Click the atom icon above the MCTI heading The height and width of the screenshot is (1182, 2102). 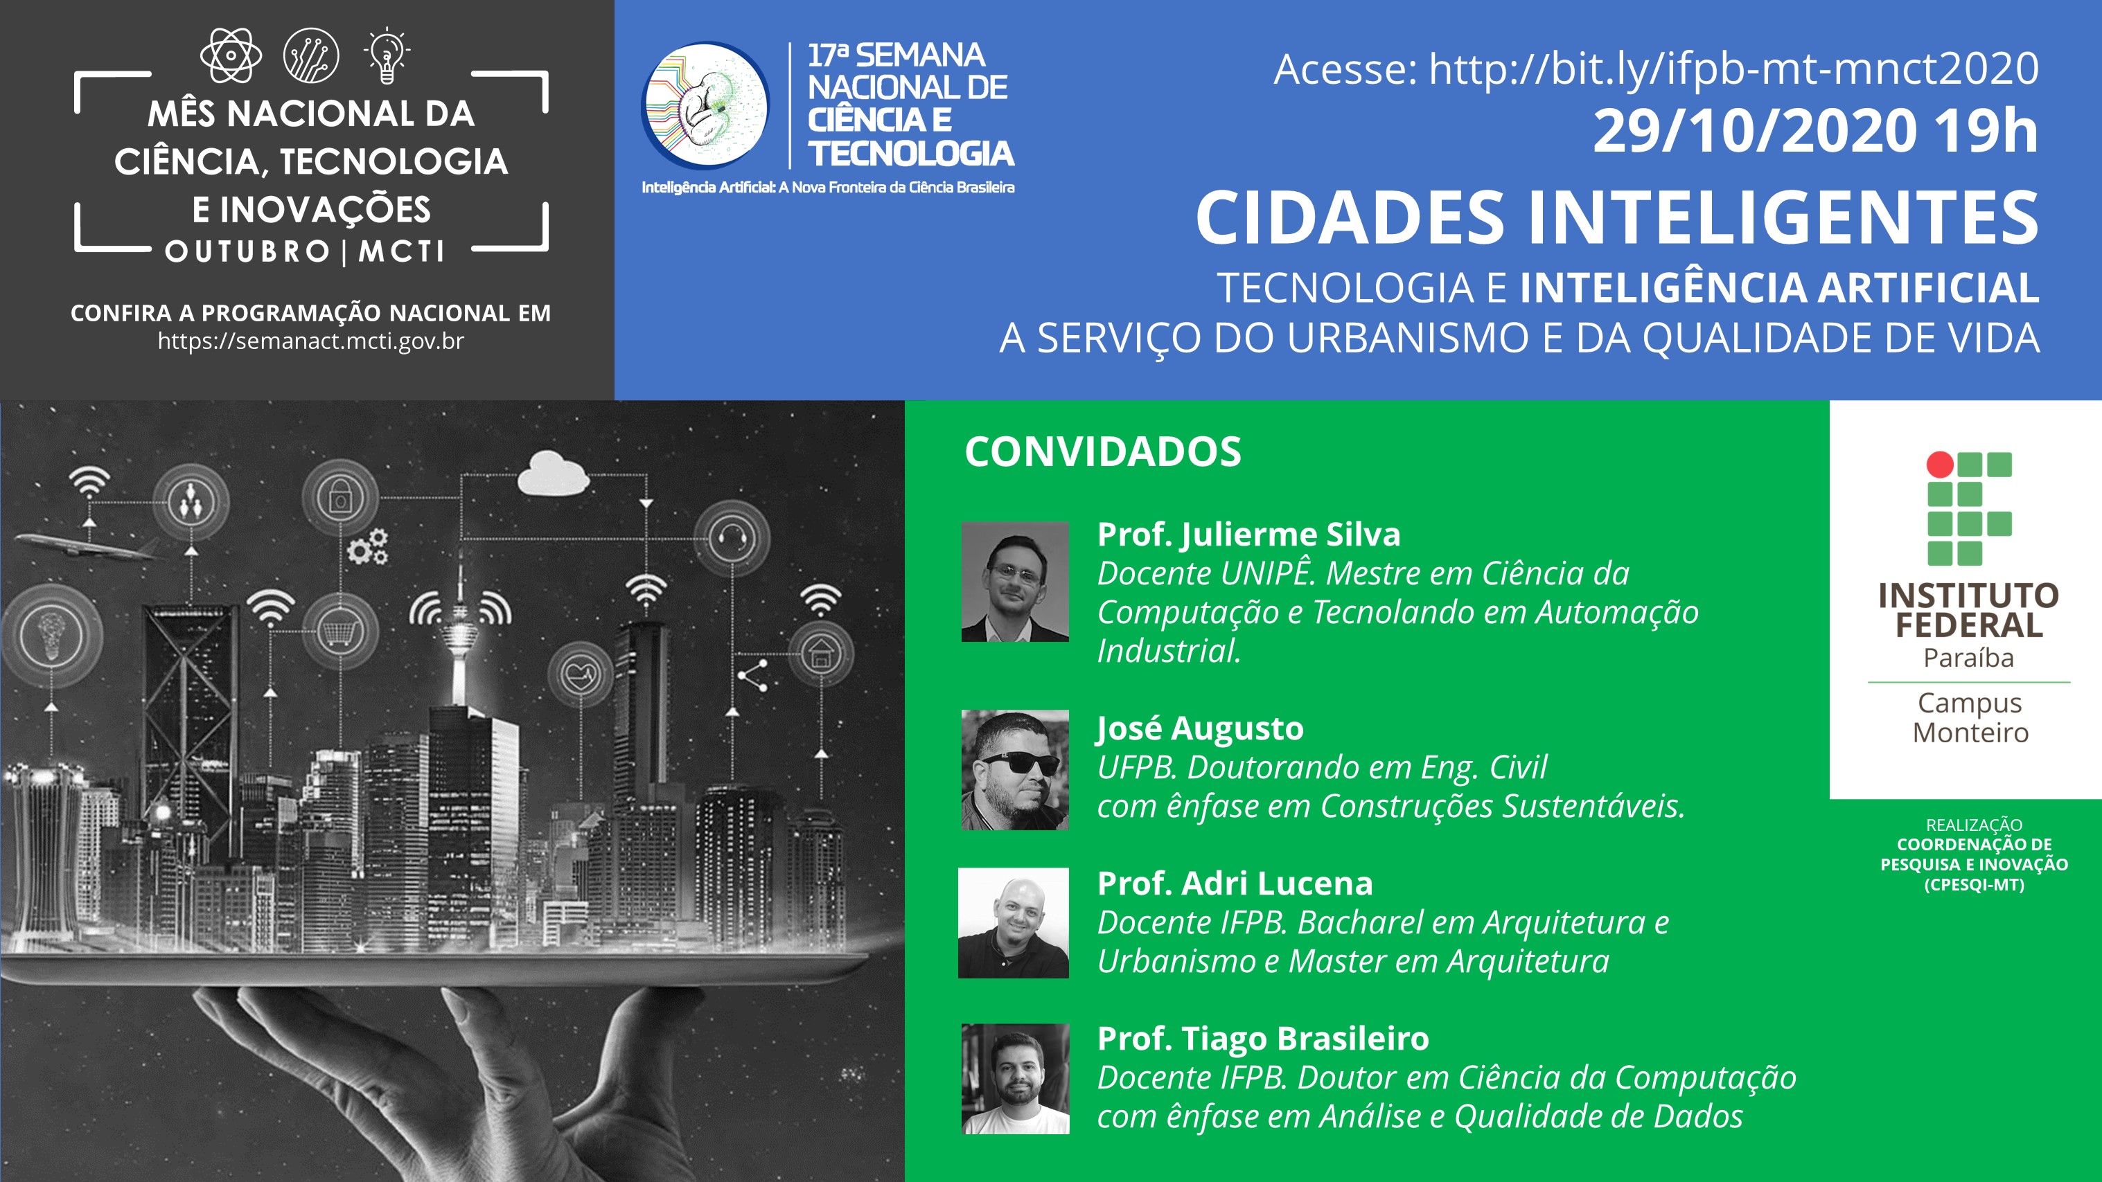(231, 55)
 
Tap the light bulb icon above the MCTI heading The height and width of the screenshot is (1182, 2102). (387, 55)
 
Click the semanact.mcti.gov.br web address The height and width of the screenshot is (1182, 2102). (311, 341)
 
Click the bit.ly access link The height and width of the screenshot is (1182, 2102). (1734, 69)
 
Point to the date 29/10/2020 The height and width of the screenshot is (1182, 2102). (1755, 132)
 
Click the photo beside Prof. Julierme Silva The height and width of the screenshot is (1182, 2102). (1015, 582)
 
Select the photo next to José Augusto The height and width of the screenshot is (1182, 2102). (1015, 770)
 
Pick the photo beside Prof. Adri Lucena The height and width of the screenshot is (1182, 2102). (1014, 922)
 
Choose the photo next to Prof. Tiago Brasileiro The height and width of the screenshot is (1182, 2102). (1015, 1078)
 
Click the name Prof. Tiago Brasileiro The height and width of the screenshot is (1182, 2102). (1263, 1039)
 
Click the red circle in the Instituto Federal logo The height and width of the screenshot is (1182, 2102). (1941, 464)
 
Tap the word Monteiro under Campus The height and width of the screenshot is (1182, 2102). (1970, 733)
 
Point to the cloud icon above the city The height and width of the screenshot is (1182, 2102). (554, 472)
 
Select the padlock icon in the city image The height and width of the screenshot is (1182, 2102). (340, 496)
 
